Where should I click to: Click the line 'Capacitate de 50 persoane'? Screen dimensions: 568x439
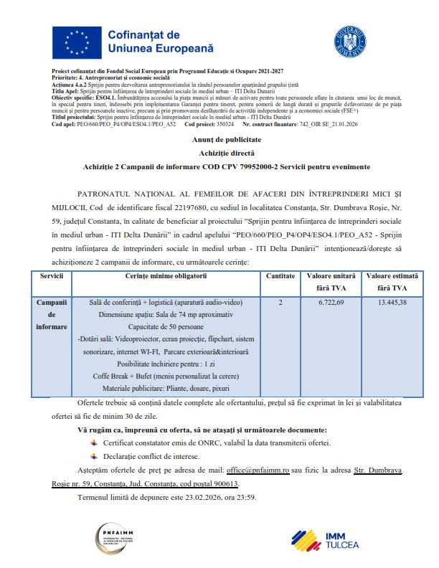[166, 326]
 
